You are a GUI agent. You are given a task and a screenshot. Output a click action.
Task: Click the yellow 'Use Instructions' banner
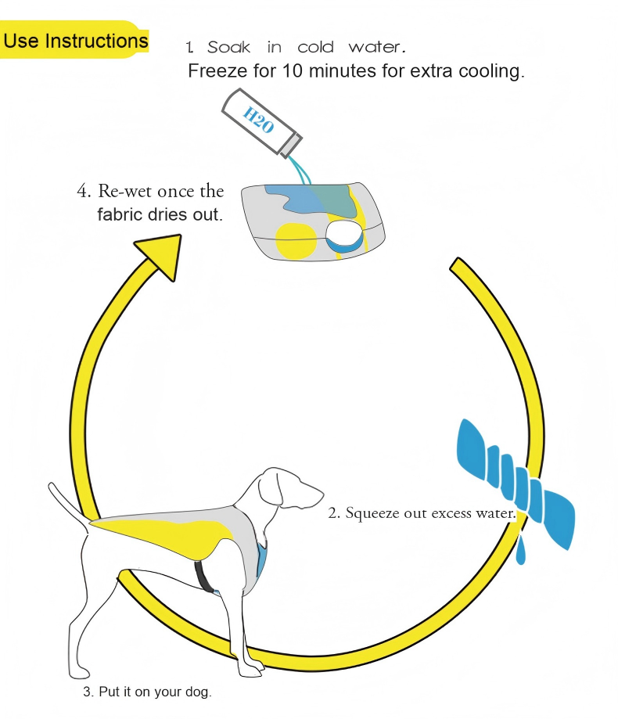coord(74,40)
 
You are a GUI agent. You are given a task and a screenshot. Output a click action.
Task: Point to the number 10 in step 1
coord(292,70)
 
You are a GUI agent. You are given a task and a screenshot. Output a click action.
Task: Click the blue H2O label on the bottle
coord(258,120)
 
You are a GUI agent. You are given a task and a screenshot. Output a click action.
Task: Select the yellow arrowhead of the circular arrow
coord(160,254)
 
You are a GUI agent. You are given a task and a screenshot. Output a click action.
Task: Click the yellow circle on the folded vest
coord(296,240)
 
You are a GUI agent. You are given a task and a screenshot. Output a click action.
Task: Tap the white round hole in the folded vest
coord(343,234)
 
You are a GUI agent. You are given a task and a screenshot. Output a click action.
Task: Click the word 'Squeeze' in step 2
coord(372,513)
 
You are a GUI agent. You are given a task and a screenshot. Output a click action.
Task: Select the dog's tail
coord(70,505)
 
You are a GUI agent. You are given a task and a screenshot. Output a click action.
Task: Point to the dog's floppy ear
coord(270,489)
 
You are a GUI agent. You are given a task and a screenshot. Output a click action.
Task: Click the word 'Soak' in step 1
coord(228,47)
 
